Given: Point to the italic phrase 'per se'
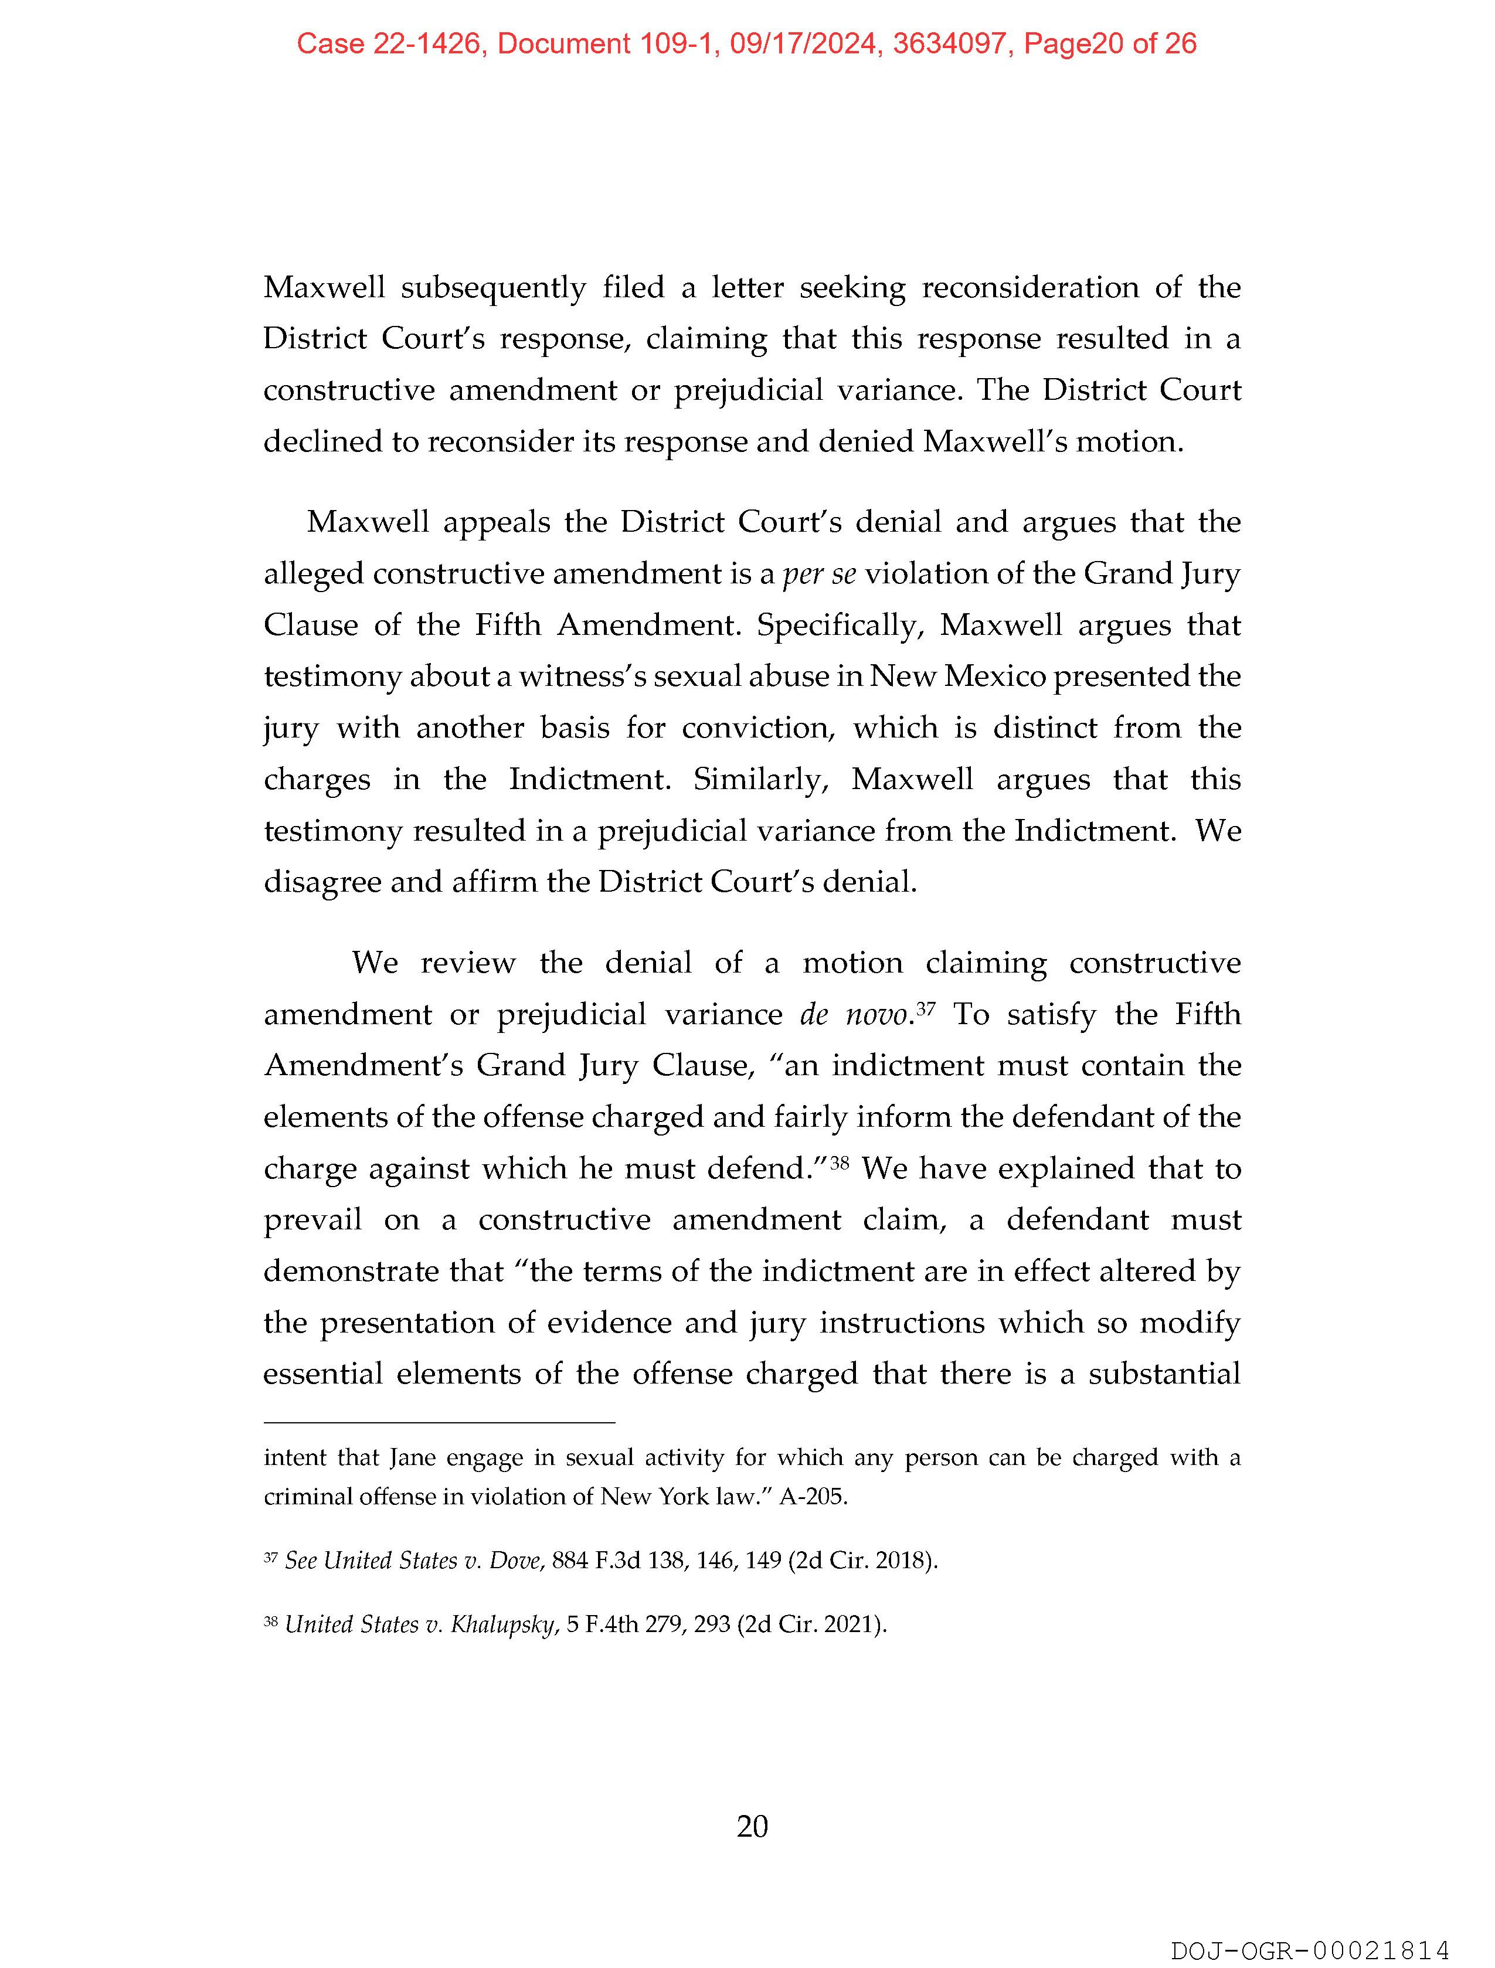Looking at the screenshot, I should [x=818, y=574].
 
